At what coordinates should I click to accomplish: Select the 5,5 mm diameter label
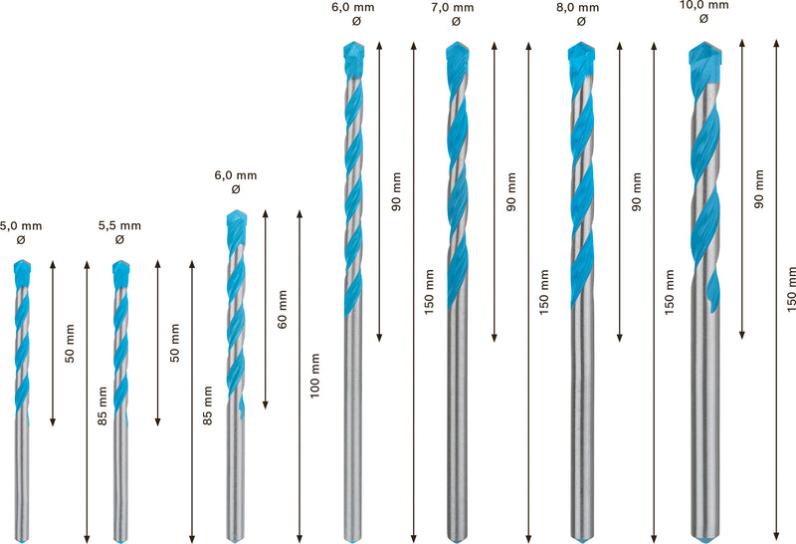[119, 226]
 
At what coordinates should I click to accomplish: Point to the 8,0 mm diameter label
[580, 7]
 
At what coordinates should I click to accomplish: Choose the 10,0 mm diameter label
[702, 4]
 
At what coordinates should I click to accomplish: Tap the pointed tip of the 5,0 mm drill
[24, 263]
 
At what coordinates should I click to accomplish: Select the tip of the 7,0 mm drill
[456, 46]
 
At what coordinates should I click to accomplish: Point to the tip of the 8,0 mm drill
[580, 46]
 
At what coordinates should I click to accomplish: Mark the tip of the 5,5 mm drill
[121, 263]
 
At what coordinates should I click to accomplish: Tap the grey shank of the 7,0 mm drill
[457, 418]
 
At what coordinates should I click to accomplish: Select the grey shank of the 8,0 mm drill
[581, 418]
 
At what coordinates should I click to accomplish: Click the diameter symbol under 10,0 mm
[702, 18]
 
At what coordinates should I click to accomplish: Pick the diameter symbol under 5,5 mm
[119, 240]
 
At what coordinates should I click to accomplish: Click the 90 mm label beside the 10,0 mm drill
[760, 189]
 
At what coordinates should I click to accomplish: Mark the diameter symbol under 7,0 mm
[456, 21]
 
